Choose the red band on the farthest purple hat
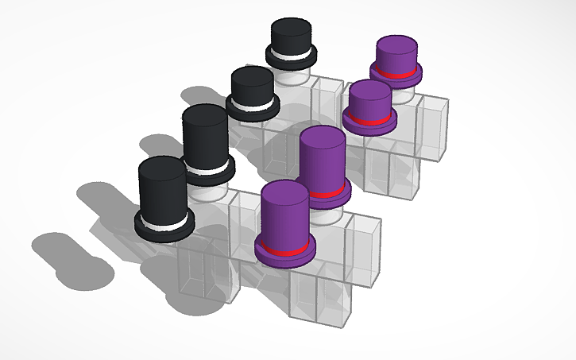tap(396, 72)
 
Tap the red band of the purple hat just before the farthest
tap(369, 119)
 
